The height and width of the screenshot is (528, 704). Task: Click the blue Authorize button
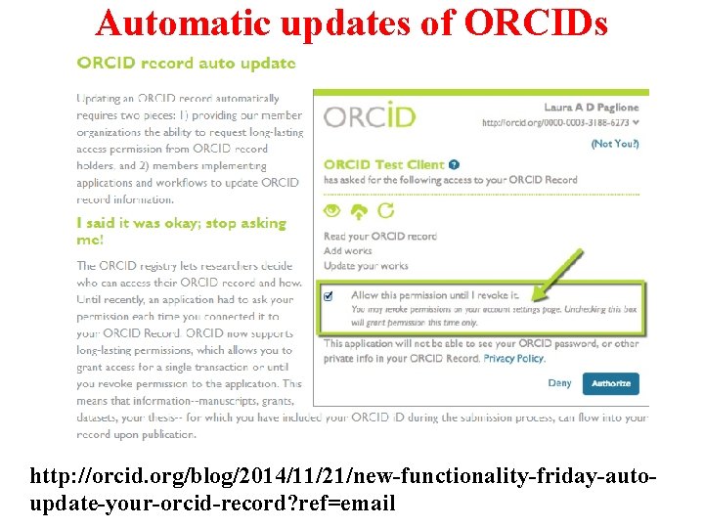611,383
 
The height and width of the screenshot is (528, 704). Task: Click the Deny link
559,383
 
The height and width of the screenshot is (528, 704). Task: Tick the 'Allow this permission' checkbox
329,295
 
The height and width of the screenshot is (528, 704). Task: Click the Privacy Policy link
514,359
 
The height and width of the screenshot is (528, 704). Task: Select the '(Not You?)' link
615,143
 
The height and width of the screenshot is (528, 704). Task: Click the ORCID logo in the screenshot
370,117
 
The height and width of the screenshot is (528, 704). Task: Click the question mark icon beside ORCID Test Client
456,165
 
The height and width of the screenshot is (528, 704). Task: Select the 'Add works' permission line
348,251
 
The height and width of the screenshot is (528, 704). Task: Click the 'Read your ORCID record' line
380,237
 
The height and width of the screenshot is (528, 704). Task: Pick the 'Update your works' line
366,266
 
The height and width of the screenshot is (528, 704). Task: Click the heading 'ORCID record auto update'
186,64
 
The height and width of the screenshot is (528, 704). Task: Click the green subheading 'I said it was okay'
181,223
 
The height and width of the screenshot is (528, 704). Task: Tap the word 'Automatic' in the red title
182,22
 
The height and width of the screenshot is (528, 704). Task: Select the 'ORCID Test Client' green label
383,165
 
